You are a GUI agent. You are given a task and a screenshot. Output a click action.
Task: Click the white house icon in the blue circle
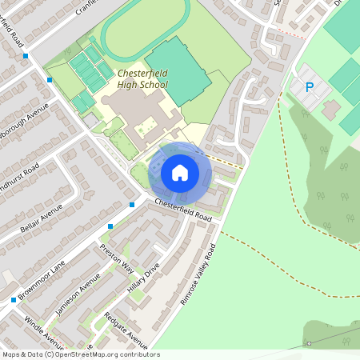coord(180,172)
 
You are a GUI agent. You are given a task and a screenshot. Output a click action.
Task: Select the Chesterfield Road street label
coord(183,210)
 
